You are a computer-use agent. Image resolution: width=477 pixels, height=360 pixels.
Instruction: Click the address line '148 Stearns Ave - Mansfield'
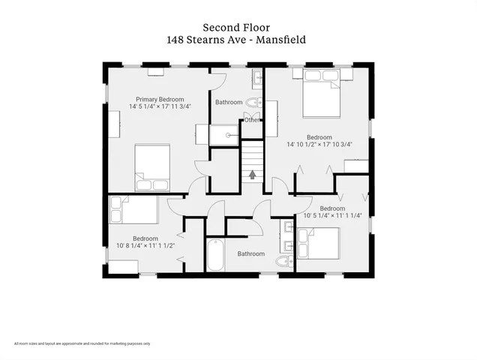click(x=238, y=39)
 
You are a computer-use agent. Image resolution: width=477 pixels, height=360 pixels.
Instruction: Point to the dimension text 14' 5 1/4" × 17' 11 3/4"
click(x=160, y=106)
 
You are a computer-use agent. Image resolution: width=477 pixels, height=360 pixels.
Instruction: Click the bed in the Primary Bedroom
click(x=152, y=167)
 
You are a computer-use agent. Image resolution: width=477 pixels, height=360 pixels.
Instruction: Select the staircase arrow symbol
click(x=252, y=174)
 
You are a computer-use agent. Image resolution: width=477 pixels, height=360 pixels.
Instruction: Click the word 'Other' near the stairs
click(x=252, y=119)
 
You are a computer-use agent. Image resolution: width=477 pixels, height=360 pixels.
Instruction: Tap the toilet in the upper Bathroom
click(x=253, y=103)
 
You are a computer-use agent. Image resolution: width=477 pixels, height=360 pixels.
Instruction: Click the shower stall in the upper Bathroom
click(x=223, y=135)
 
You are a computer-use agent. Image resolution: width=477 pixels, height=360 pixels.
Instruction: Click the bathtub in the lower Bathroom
click(x=214, y=255)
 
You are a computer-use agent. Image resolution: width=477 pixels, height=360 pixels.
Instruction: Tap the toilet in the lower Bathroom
click(x=283, y=261)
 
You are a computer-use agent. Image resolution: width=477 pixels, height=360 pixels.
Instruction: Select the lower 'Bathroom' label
click(x=250, y=253)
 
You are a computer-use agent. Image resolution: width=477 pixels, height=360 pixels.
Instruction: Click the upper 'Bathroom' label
click(x=229, y=102)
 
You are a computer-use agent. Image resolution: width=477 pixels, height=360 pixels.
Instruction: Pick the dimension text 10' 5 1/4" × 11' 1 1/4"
click(x=331, y=215)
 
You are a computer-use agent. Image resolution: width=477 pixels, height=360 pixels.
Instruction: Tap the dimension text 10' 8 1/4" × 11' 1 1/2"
click(x=145, y=245)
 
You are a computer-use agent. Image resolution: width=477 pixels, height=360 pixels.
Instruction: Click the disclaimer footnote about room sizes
click(x=82, y=343)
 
